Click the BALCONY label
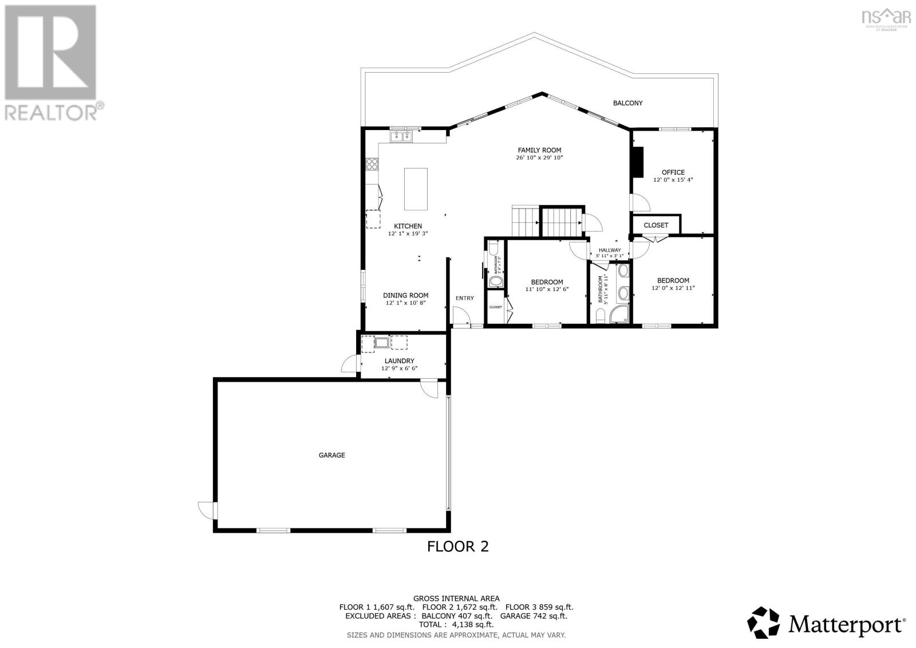tap(627, 103)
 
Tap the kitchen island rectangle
tap(416, 188)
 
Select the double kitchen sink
tap(401, 136)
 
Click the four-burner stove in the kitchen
tap(372, 164)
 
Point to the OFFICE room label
tap(673, 172)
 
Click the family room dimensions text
tap(539, 158)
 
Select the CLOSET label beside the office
tap(656, 225)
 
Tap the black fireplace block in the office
tap(637, 163)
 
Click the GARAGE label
tap(331, 455)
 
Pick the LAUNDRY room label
tap(399, 361)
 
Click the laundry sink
tap(382, 343)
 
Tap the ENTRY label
tap(464, 298)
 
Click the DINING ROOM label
tap(405, 296)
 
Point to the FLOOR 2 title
tap(458, 547)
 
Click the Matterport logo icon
tap(764, 622)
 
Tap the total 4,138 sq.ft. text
tap(456, 625)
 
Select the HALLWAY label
tap(610, 250)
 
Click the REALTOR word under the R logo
tap(50, 111)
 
